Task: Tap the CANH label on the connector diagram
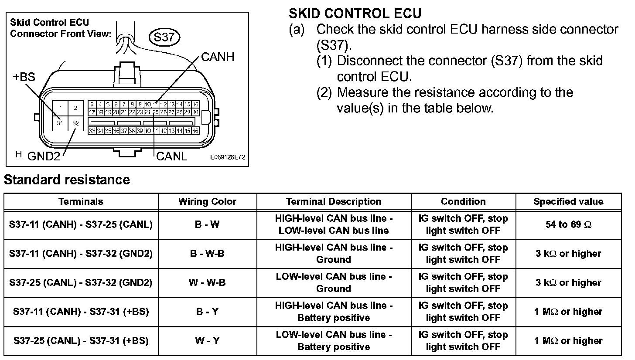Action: pos(218,57)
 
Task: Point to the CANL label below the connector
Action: pos(171,156)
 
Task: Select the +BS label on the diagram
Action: pos(24,78)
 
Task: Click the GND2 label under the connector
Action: pos(44,156)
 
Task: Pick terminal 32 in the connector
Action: pos(76,123)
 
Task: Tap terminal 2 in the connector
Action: pos(76,108)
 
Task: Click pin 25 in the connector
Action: pos(156,112)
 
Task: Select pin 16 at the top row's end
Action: pos(196,105)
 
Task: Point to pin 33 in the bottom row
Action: pos(92,131)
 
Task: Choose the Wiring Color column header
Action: pos(207,201)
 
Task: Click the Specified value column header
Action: pos(568,201)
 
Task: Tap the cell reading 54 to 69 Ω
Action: pos(568,224)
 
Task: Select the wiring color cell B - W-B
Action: pos(207,253)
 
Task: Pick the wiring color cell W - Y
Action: pos(207,340)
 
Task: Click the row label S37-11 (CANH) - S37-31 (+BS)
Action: pos(81,312)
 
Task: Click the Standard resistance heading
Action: pos(67,180)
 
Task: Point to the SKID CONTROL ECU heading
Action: pos(355,14)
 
